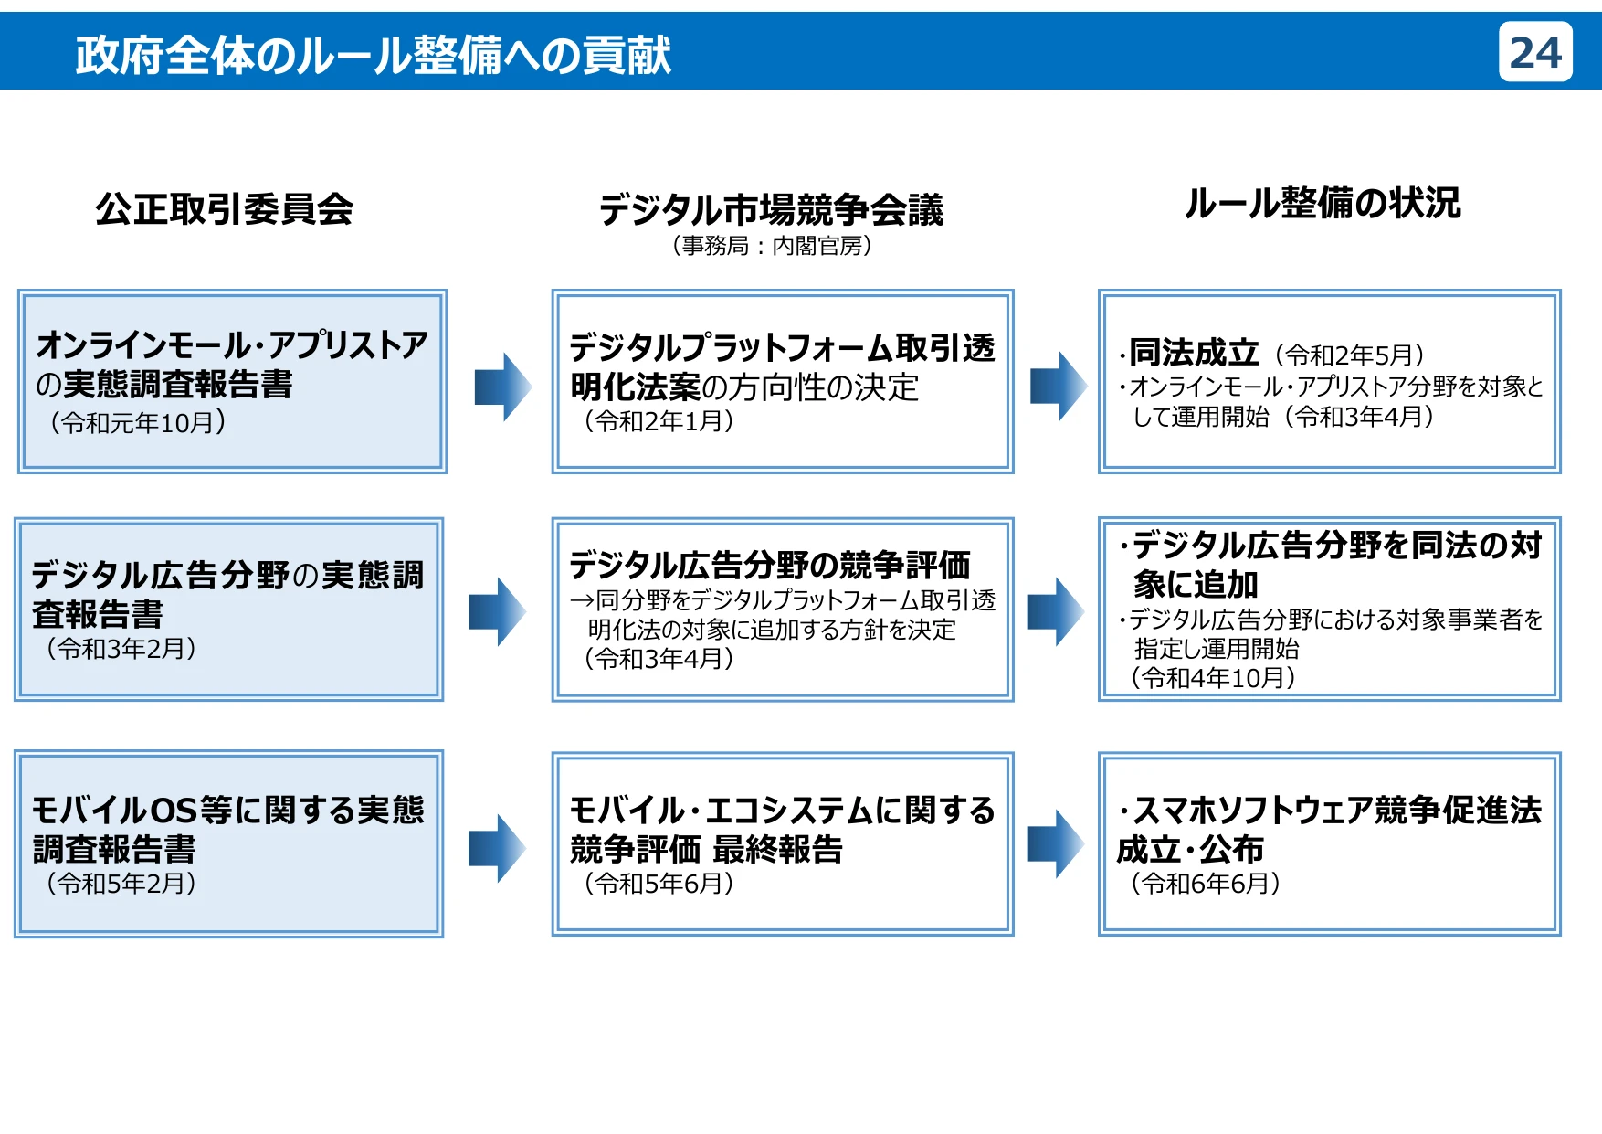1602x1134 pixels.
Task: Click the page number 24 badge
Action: [x=1534, y=53]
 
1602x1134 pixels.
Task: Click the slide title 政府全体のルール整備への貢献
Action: [x=373, y=55]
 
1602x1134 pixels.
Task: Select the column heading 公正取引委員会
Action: [x=225, y=209]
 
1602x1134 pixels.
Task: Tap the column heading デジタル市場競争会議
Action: [x=771, y=209]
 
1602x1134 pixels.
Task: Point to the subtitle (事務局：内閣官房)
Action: [x=772, y=246]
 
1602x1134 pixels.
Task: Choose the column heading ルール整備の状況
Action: [x=1323, y=203]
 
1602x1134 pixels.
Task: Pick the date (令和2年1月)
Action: [x=659, y=421]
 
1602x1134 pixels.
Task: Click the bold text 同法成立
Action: [x=1194, y=353]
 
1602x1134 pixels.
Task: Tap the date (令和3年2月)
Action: [x=121, y=649]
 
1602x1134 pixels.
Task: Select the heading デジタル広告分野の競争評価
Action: [x=769, y=565]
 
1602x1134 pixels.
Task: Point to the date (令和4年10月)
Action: [x=1212, y=678]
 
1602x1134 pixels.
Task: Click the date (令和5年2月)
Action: [x=121, y=884]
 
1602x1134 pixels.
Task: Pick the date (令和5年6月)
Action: [x=659, y=884]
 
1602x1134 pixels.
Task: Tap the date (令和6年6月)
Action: [x=1205, y=884]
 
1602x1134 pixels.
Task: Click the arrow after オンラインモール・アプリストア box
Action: [x=502, y=387]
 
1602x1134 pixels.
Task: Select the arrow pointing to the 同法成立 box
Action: [x=1058, y=386]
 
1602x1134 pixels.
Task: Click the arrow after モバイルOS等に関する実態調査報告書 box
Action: [x=497, y=848]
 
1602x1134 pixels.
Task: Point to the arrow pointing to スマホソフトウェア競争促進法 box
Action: [x=1056, y=843]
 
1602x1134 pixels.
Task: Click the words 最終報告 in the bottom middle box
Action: [x=777, y=850]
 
